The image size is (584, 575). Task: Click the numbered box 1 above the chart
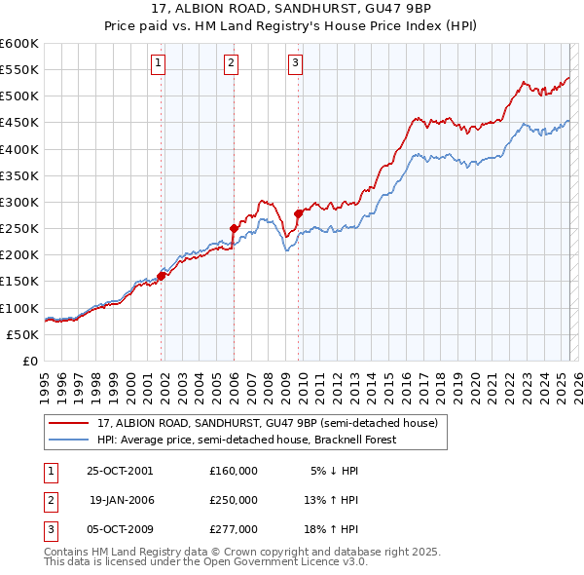[158, 64]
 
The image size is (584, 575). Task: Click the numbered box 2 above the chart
[231, 64]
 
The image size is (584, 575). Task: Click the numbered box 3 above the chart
[294, 64]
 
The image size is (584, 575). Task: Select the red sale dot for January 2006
[234, 228]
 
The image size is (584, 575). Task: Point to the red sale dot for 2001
[162, 276]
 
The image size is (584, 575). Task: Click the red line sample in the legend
[69, 424]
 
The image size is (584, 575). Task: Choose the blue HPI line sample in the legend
[69, 440]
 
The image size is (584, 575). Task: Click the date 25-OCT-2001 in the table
[120, 470]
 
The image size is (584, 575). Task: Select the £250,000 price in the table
[234, 500]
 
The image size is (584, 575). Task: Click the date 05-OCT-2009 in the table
[120, 529]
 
